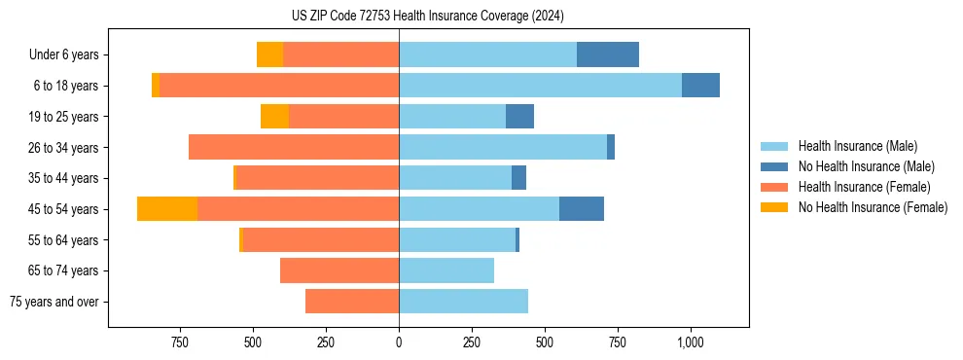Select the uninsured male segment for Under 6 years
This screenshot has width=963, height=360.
point(608,54)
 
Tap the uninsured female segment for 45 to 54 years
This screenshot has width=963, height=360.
point(167,209)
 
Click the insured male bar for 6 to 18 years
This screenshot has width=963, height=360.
point(540,86)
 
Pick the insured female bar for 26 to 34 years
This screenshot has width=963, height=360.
point(294,147)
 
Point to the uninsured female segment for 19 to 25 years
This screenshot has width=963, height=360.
point(274,117)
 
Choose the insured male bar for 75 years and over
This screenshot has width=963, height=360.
point(463,302)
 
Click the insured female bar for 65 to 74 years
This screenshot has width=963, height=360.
point(339,270)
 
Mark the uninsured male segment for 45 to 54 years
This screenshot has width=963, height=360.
point(582,209)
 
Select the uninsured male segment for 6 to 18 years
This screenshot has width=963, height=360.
point(700,86)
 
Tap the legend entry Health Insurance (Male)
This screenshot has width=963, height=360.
point(857,146)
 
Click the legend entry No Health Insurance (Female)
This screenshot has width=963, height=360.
point(873,207)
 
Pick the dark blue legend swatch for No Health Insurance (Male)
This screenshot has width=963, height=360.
point(774,166)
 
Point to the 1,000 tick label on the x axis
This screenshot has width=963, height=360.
point(690,342)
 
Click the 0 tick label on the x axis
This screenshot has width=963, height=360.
point(399,342)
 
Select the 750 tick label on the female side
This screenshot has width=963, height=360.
point(180,342)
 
